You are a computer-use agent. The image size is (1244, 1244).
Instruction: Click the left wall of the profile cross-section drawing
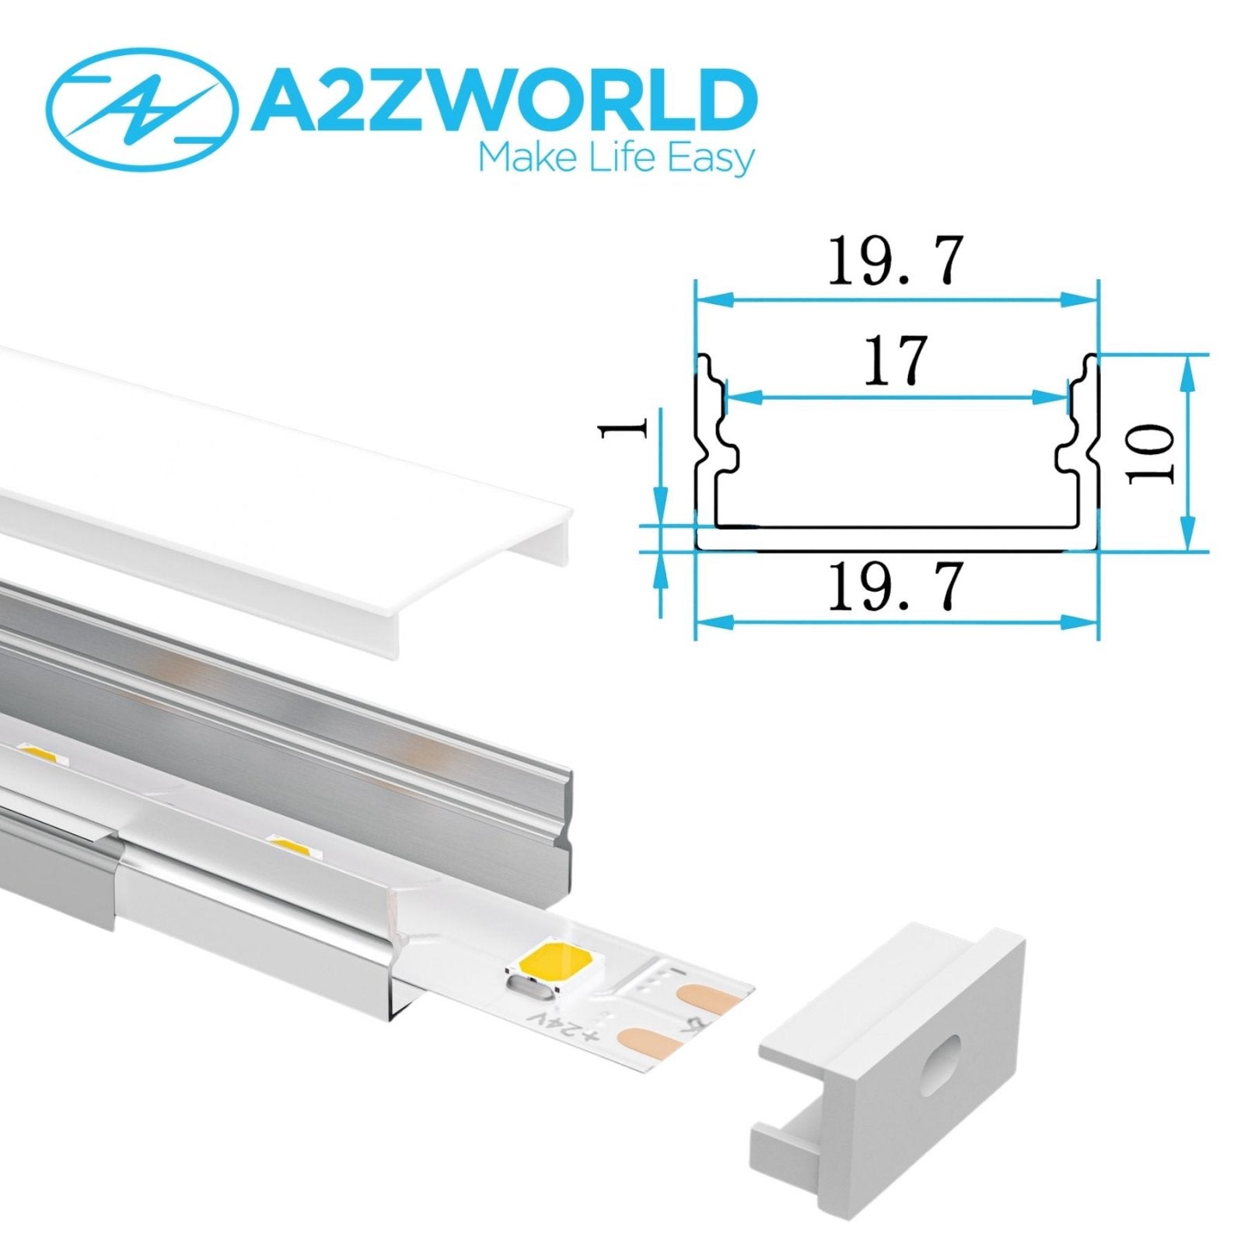tap(704, 451)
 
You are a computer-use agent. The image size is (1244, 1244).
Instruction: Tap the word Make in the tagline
tap(517, 159)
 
